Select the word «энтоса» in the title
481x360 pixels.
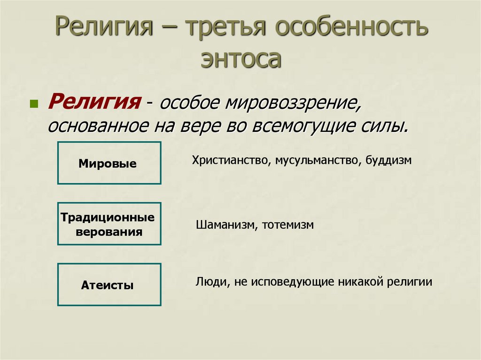click(241, 59)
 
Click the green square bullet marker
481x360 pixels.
click(33, 104)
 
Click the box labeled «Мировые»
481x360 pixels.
click(109, 162)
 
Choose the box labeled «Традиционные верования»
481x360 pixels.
click(109, 224)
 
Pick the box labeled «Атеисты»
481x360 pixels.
click(109, 284)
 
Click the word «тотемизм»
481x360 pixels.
click(288, 225)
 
